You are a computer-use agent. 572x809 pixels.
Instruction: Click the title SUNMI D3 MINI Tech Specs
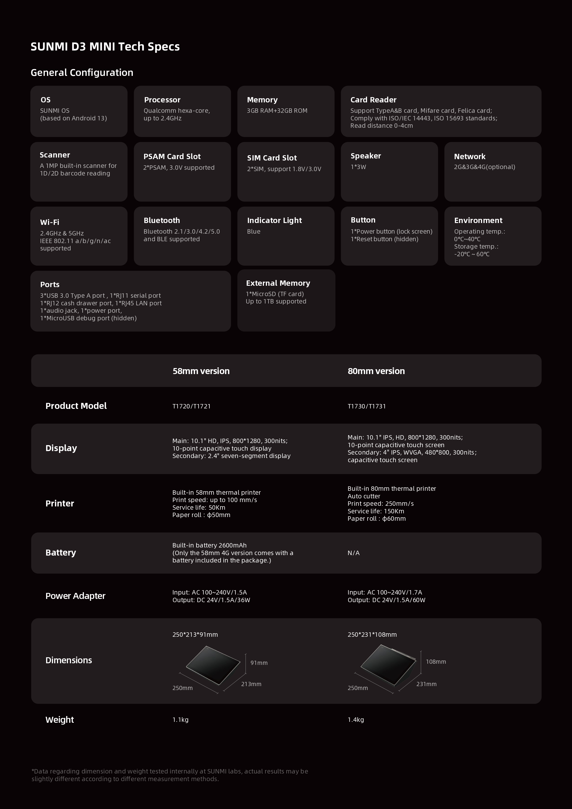[x=105, y=47]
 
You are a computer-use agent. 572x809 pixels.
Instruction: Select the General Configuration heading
[x=82, y=73]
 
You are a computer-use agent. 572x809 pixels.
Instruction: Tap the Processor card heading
[x=162, y=100]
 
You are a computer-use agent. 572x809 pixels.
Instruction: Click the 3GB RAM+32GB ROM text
[x=277, y=111]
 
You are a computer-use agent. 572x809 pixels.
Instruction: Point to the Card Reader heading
[x=373, y=100]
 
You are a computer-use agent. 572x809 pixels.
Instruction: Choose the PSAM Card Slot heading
[x=172, y=156]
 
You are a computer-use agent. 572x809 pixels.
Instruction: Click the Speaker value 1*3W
[x=358, y=167]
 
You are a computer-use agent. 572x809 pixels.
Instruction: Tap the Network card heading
[x=469, y=156]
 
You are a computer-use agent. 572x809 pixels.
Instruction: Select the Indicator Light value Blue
[x=254, y=232]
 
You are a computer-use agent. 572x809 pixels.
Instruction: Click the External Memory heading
[x=278, y=283]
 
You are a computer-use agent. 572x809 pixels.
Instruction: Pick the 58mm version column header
[x=201, y=371]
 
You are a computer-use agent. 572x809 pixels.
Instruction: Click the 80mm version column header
[x=376, y=371]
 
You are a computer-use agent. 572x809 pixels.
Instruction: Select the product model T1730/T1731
[x=366, y=406]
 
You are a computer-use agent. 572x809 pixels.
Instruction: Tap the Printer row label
[x=59, y=503]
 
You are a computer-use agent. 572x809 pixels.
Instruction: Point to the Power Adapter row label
[x=75, y=596]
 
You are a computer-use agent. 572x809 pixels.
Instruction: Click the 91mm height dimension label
[x=259, y=663]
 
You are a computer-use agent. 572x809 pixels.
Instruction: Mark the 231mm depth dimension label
[x=426, y=684]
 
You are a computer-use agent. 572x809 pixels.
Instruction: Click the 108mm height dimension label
[x=436, y=662]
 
